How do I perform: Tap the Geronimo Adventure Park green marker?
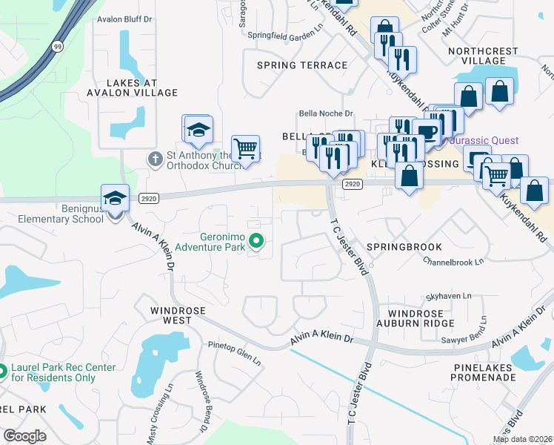257,240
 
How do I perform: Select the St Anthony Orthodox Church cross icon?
155,158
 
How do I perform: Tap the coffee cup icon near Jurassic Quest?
427,131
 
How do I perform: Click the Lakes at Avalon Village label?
132,88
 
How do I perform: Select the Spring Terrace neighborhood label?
301,65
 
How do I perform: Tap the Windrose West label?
171,315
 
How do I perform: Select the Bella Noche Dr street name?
326,113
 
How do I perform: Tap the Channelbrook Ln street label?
453,261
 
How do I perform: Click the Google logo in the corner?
24,436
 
